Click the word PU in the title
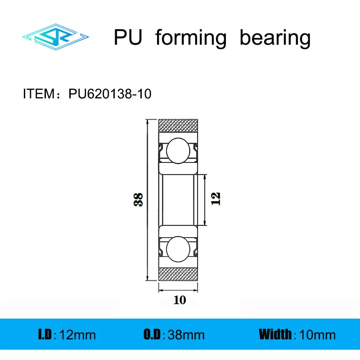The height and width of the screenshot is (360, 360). [128, 38]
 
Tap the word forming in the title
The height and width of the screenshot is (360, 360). [191, 39]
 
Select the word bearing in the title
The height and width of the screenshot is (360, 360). [275, 39]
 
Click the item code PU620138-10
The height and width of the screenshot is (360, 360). [110, 94]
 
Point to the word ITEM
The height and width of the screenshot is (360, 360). [38, 94]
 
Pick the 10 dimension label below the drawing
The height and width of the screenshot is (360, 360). [179, 300]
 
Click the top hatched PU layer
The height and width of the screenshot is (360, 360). [180, 126]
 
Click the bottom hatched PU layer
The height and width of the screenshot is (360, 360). [180, 273]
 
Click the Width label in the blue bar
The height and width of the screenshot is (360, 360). [275, 334]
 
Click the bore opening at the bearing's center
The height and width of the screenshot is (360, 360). [179, 199]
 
